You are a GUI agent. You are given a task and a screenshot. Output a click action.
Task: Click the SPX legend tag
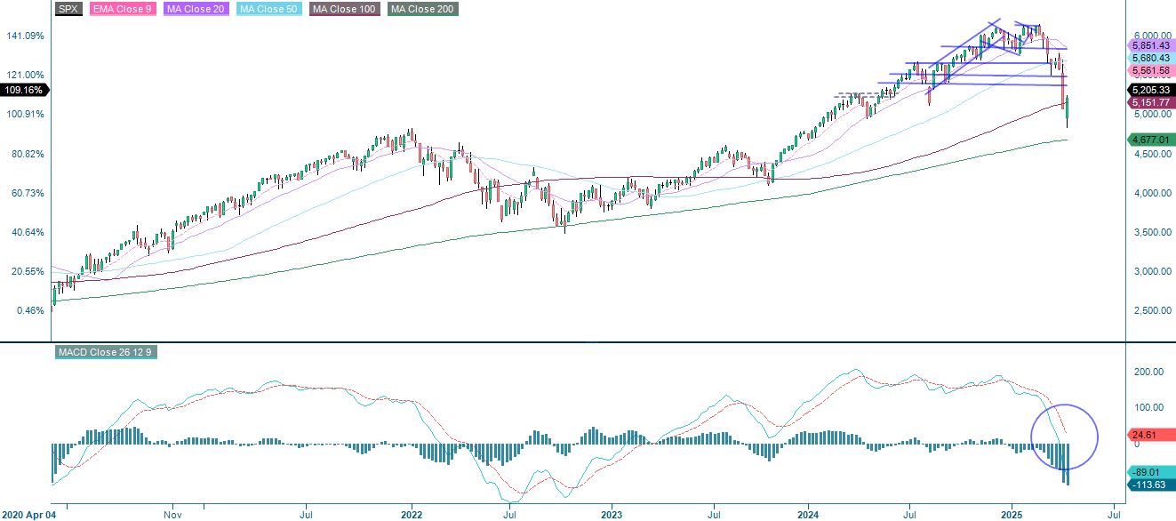(68, 9)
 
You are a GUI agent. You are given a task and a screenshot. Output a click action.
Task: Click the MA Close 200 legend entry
(423, 9)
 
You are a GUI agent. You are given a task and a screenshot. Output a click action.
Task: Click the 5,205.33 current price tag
(1151, 90)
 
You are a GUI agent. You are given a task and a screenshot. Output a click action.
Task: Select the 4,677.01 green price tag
(1151, 139)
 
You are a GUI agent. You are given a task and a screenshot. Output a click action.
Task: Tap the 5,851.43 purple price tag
(1151, 44)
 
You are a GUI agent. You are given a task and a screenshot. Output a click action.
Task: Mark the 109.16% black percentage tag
(24, 90)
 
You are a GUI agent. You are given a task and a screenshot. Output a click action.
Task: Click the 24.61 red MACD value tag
(1143, 435)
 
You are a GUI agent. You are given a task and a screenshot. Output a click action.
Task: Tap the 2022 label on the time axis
(412, 514)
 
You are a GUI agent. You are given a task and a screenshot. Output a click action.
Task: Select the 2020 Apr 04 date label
(28, 514)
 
